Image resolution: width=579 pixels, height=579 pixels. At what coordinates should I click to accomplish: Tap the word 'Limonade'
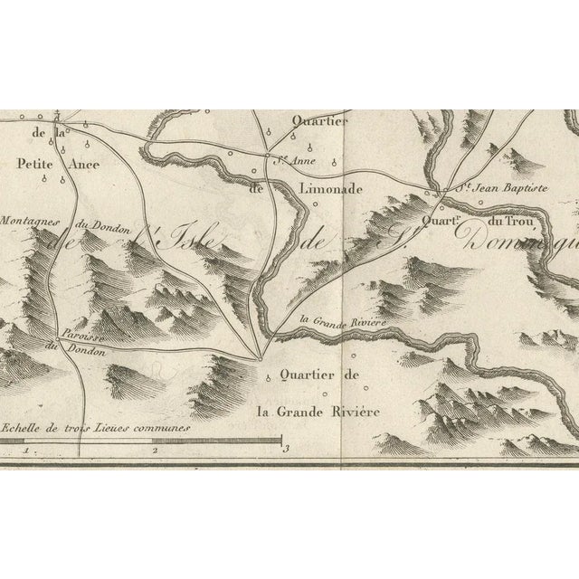329,189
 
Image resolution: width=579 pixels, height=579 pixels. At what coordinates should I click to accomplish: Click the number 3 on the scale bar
285,448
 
